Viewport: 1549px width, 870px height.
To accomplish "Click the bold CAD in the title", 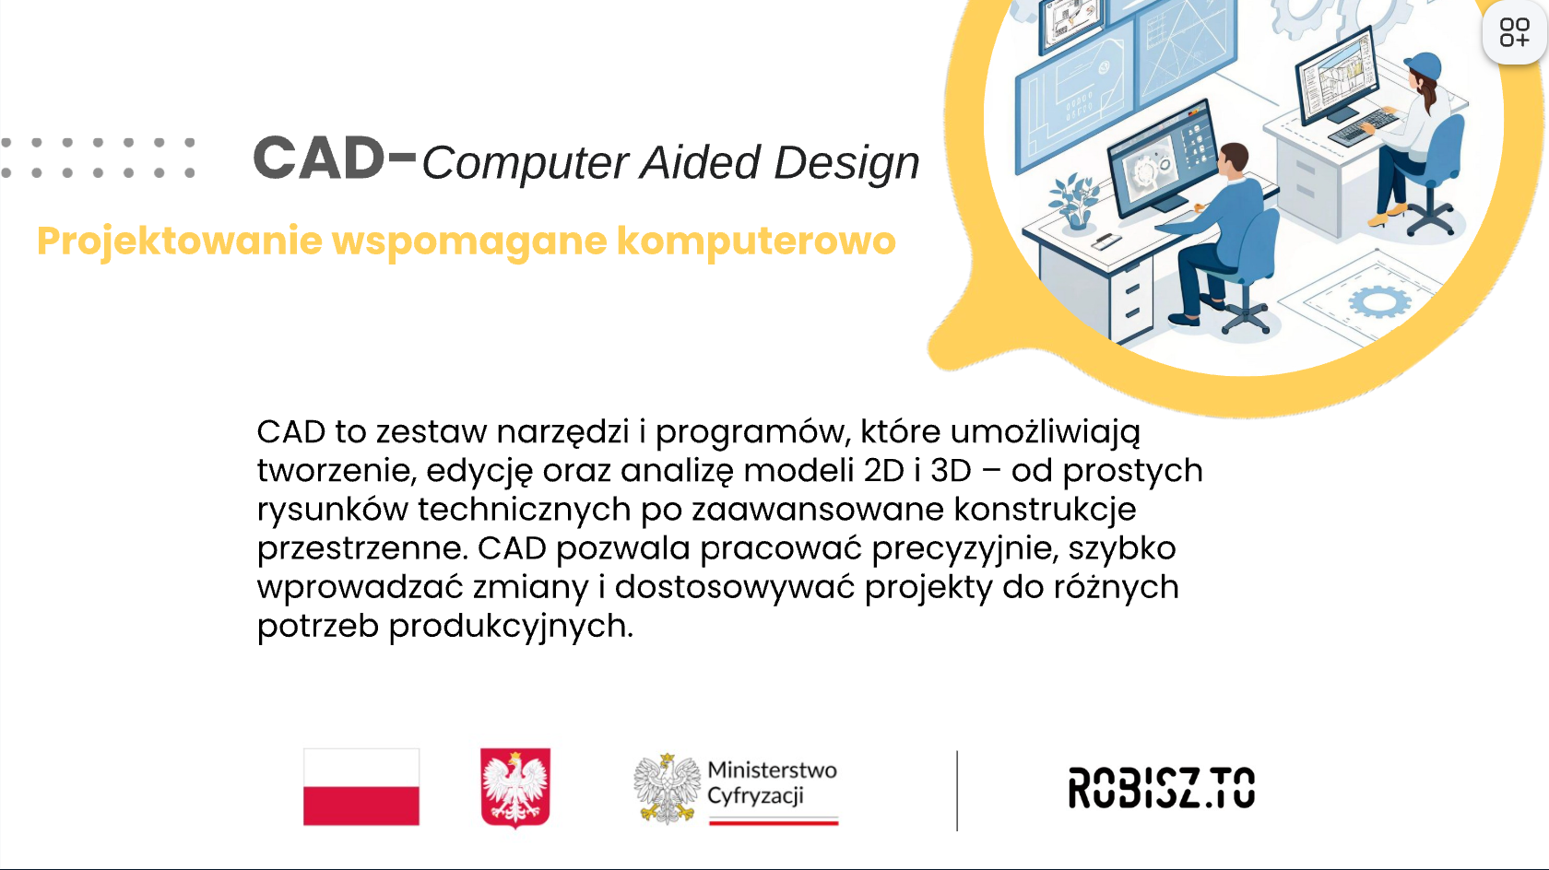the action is pos(318,158).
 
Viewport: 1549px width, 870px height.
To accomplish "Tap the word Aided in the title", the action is pos(700,162).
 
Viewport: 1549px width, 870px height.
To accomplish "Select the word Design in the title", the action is pos(846,164).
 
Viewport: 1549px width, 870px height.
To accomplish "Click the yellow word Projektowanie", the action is pos(180,241).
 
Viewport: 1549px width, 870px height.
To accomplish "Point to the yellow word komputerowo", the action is pos(756,241).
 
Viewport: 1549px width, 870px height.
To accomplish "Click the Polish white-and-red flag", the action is pos(361,786).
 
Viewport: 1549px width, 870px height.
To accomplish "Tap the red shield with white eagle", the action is pos(515,788).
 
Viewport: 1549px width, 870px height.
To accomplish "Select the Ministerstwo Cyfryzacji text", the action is pos(772,783).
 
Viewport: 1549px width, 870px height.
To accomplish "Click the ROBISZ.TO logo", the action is pos(1162,788).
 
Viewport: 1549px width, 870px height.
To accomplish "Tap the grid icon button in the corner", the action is pos(1514,32).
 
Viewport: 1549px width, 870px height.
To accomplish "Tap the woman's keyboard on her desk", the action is pos(1364,125).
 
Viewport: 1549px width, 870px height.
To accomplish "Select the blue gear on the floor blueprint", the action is pos(1380,302).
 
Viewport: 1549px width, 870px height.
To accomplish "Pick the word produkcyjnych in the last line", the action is pos(511,627).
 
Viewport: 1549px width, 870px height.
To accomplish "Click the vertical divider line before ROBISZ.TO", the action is pos(957,791).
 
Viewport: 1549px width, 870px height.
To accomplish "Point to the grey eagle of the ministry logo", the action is pos(667,789).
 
